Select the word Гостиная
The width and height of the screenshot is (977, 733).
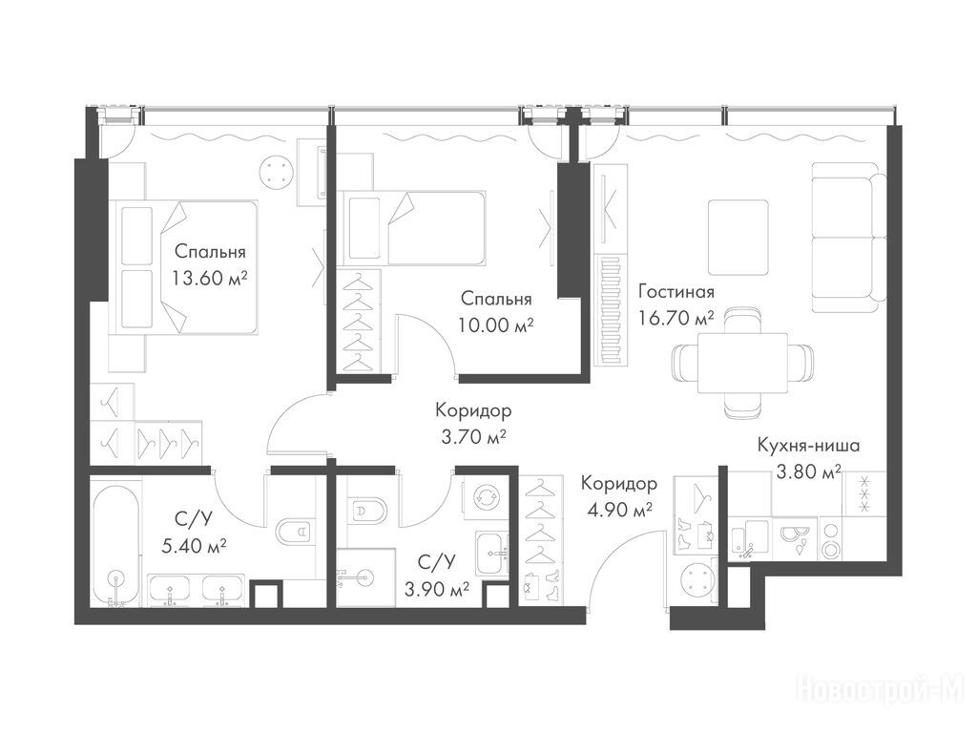point(676,292)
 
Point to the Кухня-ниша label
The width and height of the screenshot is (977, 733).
point(809,446)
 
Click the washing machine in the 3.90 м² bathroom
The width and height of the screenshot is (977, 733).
point(484,497)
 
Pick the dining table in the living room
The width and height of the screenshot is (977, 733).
point(742,363)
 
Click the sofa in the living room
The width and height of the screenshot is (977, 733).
point(848,237)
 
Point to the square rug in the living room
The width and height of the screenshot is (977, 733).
point(738,237)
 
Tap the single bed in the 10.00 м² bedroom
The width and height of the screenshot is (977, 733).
point(414,228)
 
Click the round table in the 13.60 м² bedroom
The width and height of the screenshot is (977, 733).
point(276,170)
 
